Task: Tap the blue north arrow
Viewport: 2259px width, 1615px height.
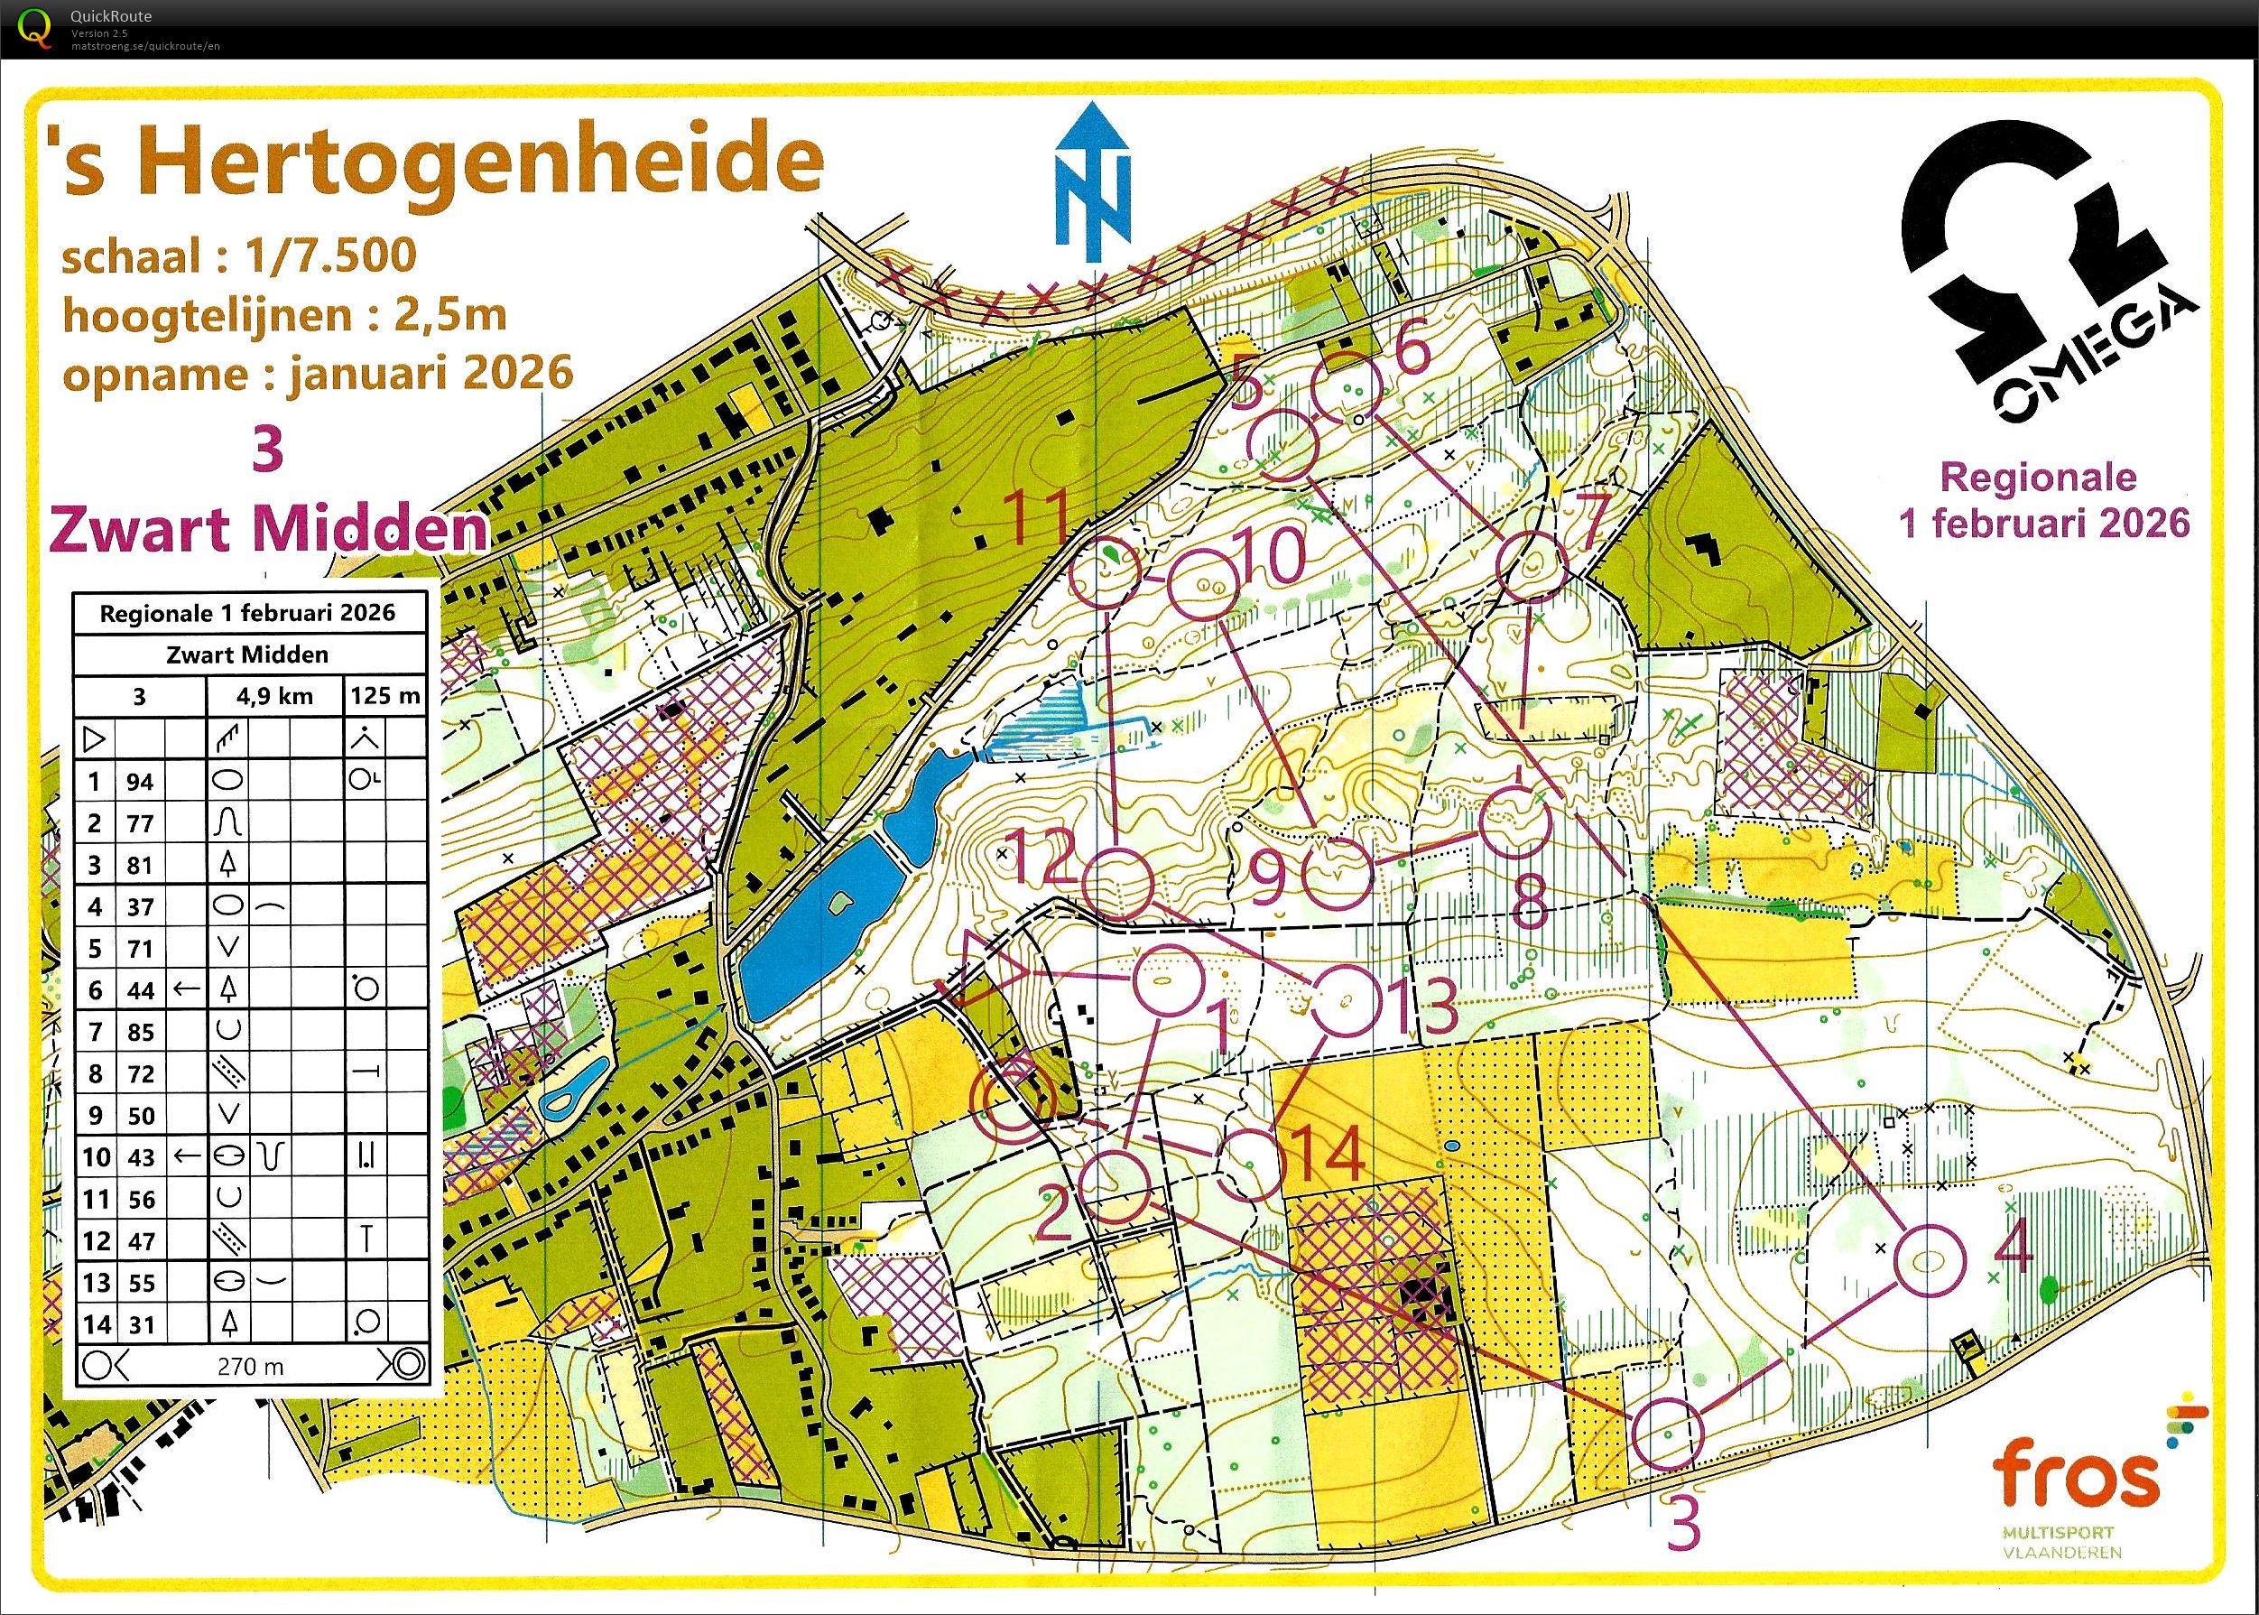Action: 1092,189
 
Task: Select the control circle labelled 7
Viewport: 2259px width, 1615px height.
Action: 1532,565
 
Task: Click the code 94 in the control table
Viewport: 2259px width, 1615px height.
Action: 140,782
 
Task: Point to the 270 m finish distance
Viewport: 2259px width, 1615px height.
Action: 251,1368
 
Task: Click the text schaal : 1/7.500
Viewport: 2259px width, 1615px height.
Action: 238,256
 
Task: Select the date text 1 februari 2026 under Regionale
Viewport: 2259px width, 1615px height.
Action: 2044,522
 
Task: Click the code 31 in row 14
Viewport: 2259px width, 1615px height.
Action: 140,1324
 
